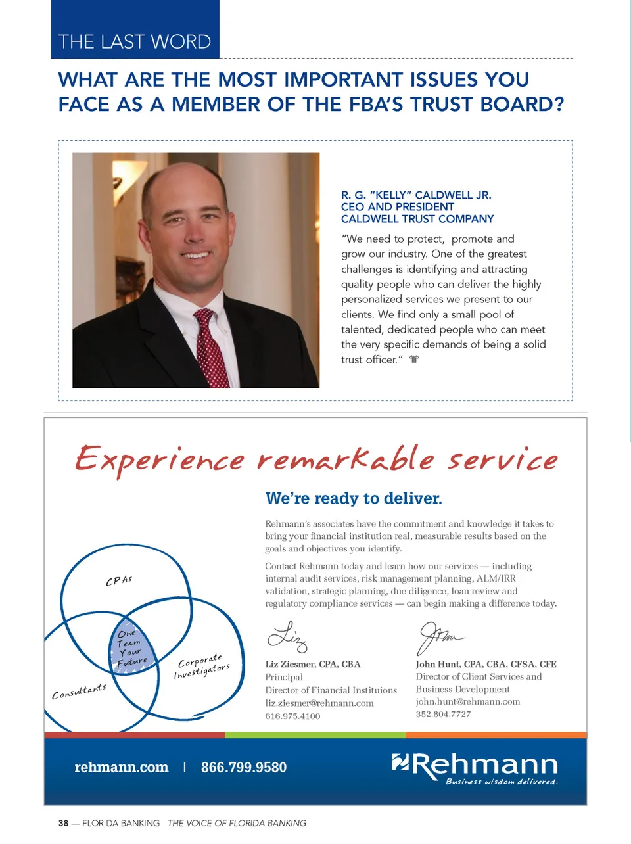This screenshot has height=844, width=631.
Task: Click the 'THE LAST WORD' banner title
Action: (x=135, y=42)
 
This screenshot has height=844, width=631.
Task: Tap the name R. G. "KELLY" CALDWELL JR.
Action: (x=416, y=195)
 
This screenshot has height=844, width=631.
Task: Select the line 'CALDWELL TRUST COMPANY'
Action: (x=417, y=219)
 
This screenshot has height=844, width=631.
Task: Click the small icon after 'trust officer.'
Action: (x=414, y=360)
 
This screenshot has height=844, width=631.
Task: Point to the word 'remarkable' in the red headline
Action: (x=346, y=459)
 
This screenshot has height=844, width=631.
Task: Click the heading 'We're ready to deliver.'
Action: (x=354, y=498)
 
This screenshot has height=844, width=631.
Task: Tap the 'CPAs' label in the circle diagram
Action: (x=119, y=580)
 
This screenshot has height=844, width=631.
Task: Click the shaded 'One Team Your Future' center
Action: (x=131, y=648)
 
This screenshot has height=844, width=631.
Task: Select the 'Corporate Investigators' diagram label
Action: (x=202, y=665)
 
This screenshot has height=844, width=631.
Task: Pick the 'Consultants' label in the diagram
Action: (x=79, y=692)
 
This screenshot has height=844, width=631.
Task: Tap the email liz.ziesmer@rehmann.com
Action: (x=319, y=703)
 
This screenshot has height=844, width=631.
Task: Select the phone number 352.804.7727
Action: (x=443, y=715)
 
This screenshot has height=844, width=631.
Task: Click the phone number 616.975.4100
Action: (x=292, y=716)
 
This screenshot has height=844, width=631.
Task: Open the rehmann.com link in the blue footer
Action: (x=122, y=767)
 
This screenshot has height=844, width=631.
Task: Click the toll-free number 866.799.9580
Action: (x=244, y=767)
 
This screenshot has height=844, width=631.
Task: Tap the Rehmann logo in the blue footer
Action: (x=475, y=767)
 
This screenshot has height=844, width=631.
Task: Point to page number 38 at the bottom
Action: (x=63, y=823)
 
